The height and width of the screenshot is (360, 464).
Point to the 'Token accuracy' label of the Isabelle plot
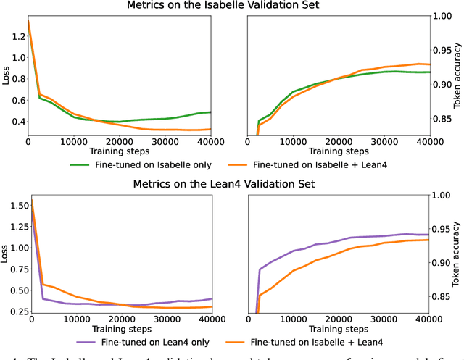point(457,75)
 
